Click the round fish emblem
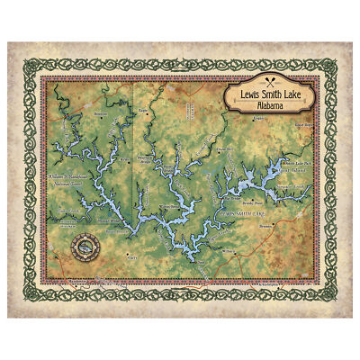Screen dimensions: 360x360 click(88, 244)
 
